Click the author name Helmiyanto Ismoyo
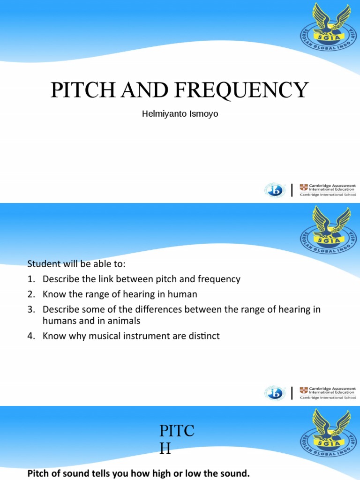(180, 114)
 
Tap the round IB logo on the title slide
(273, 190)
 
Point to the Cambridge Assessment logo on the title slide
(328, 190)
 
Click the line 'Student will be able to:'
(76, 263)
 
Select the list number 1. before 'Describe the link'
(31, 279)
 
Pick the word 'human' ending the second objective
(183, 294)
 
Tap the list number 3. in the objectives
(31, 309)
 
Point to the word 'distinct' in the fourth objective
(202, 336)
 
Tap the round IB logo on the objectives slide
(273, 393)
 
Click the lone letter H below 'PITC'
(165, 449)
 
